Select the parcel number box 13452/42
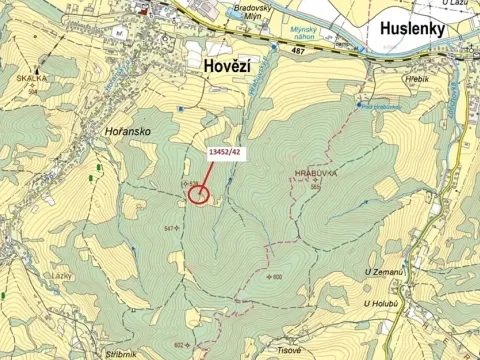pyautogui.click(x=223, y=152)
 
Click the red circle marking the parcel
pyautogui.click(x=199, y=194)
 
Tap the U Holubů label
pyautogui.click(x=381, y=303)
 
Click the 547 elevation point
pyautogui.click(x=169, y=229)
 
